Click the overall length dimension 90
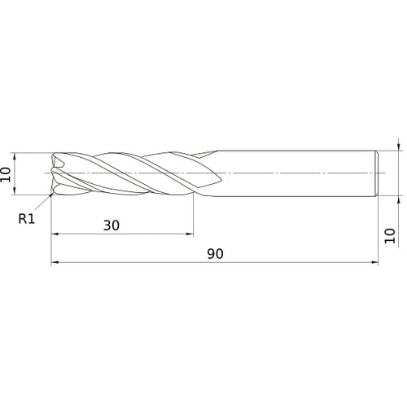[x=215, y=253]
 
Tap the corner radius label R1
[x=26, y=217]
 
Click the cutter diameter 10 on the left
[x=7, y=173]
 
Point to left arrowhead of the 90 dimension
[x=55, y=263]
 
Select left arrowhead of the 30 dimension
[x=55, y=234]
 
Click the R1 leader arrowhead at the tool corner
[x=50, y=196]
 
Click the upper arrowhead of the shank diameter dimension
[x=398, y=147]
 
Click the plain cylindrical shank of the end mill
[x=293, y=173]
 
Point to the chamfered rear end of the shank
[x=377, y=173]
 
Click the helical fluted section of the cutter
[x=130, y=173]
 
